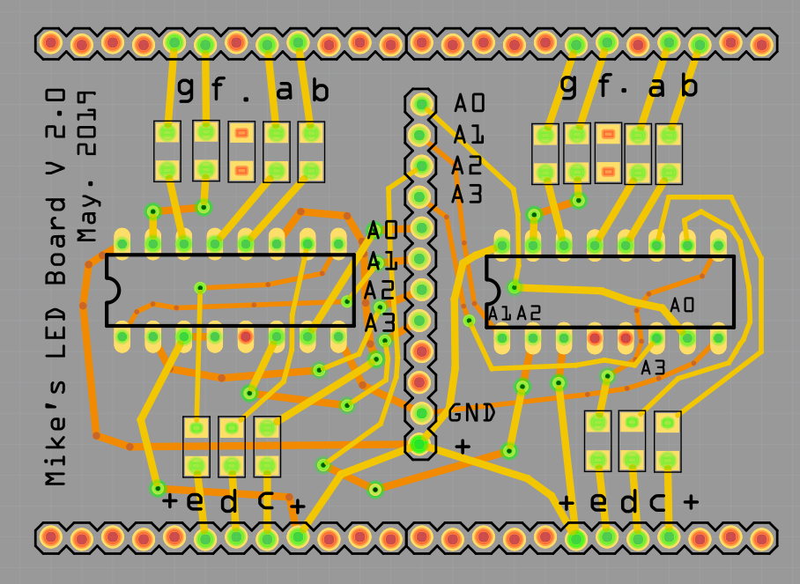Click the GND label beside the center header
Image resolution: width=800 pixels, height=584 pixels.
point(471,412)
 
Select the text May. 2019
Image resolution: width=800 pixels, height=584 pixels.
point(85,166)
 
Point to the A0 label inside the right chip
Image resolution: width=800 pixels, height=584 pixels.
point(682,305)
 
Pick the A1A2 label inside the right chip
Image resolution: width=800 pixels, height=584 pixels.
point(514,313)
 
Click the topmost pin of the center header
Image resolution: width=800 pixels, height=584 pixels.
point(420,104)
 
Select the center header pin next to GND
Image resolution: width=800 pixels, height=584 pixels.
point(420,412)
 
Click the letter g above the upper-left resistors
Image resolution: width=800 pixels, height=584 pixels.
point(185,87)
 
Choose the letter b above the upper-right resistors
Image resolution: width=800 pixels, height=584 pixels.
point(689,86)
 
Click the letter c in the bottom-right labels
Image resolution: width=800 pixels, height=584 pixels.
point(657,503)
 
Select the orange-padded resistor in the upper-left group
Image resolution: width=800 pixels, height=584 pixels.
point(241,151)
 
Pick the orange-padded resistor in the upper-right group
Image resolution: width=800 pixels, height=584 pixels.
point(607,153)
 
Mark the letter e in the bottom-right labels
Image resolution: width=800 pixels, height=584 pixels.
point(598,502)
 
